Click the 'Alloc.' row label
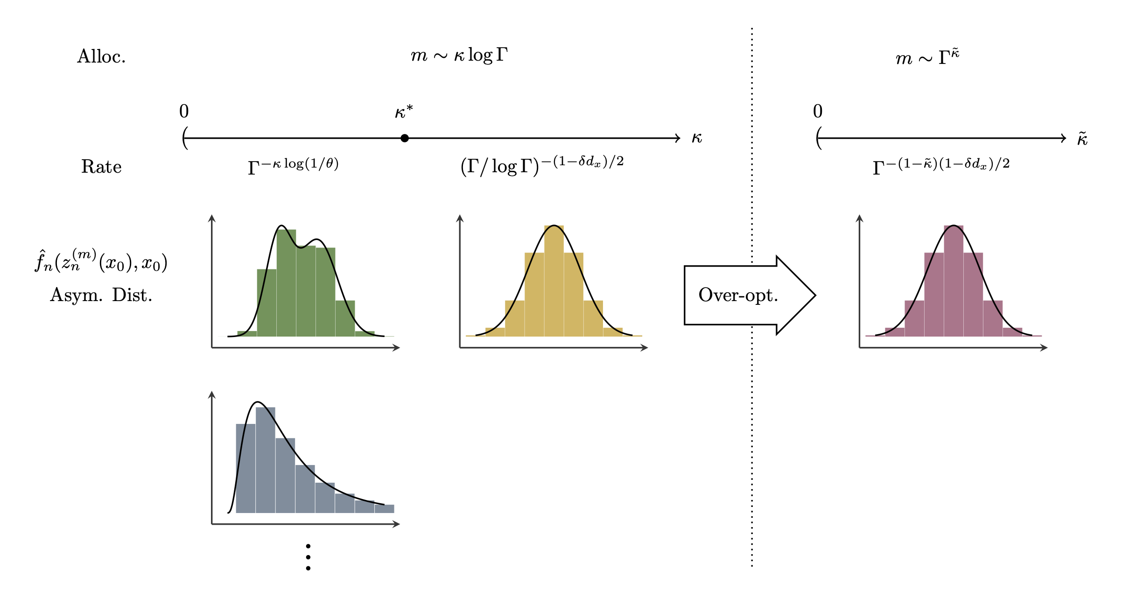pyautogui.click(x=101, y=56)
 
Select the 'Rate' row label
pyautogui.click(x=101, y=167)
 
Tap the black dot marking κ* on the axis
pyautogui.click(x=405, y=138)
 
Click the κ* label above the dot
pyautogui.click(x=404, y=112)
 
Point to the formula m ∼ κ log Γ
pyautogui.click(x=459, y=56)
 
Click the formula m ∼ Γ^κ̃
pyautogui.click(x=927, y=57)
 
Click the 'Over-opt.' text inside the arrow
pyautogui.click(x=738, y=295)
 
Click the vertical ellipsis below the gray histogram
pyautogui.click(x=308, y=557)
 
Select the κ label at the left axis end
pyautogui.click(x=696, y=138)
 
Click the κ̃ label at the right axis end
pyautogui.click(x=1082, y=139)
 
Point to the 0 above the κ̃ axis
pyautogui.click(x=818, y=111)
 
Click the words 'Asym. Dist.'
pyautogui.click(x=101, y=295)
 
